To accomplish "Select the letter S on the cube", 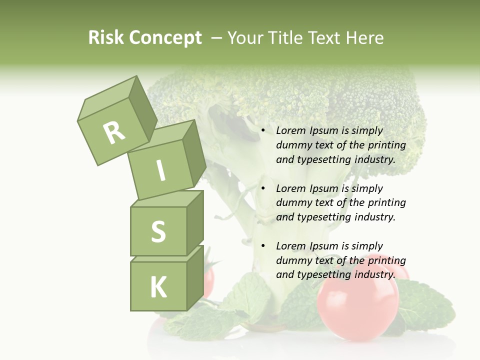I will (x=158, y=231).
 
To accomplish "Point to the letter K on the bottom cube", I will (x=158, y=287).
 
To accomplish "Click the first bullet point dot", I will (x=263, y=130).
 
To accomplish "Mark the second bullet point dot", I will (x=263, y=188).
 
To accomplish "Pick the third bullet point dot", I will (x=263, y=246).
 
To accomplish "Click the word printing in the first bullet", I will (x=386, y=145).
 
